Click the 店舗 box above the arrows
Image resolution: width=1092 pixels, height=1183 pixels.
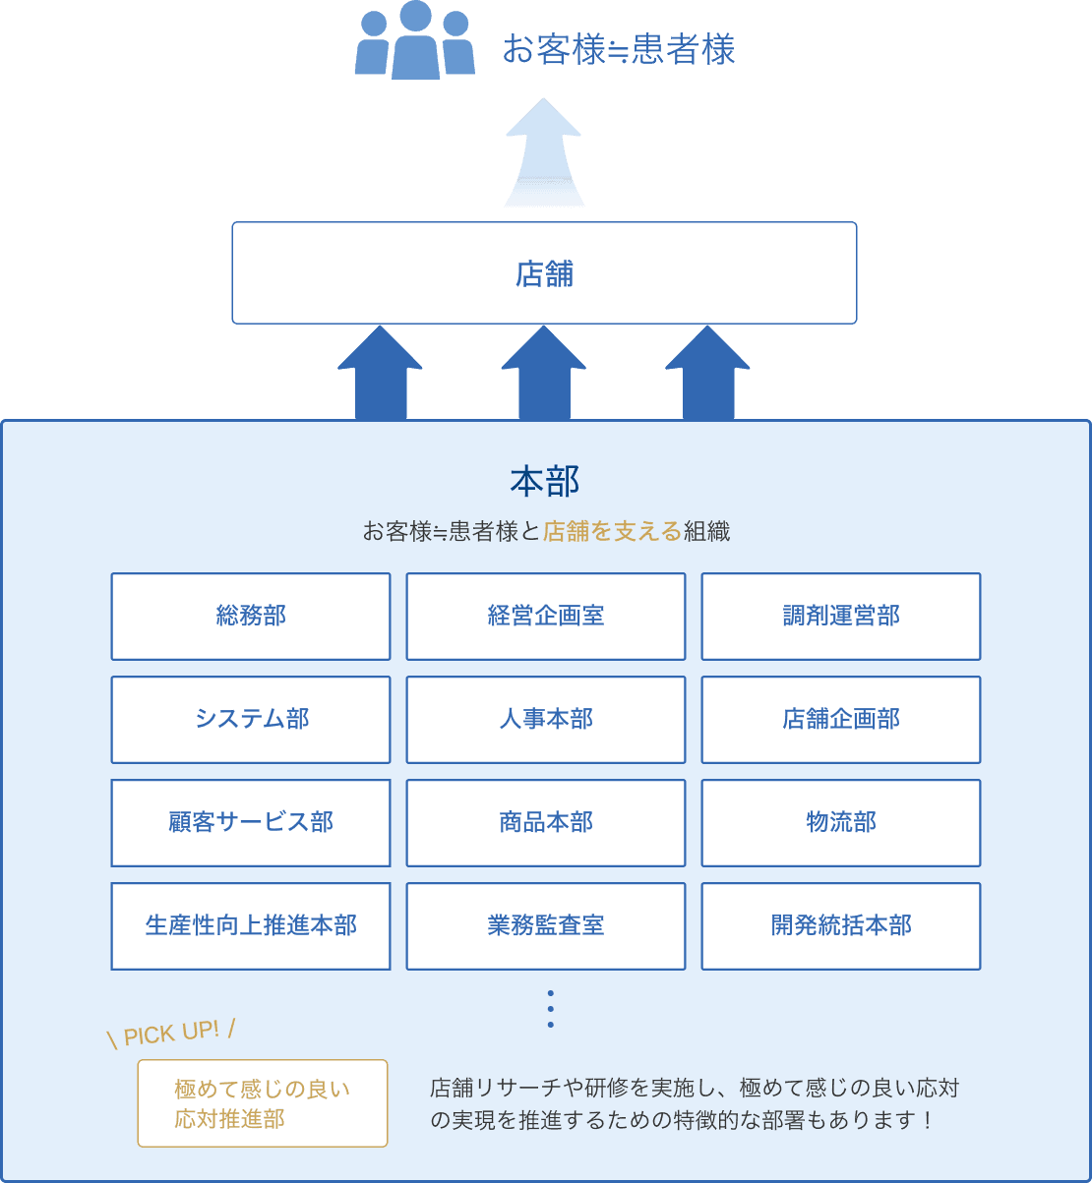(x=544, y=273)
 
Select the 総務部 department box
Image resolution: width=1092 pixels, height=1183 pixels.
(x=251, y=617)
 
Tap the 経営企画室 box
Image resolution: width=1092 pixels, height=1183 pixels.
(x=546, y=617)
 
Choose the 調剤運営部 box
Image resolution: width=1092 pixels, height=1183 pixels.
(x=841, y=617)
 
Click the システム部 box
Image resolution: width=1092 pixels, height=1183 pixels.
(x=251, y=720)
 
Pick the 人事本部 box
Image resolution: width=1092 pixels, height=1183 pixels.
(x=546, y=720)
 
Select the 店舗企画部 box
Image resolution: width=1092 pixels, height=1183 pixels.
(x=841, y=720)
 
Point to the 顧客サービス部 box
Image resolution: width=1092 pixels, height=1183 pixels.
(x=251, y=823)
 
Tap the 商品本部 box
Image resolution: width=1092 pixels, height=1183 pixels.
(x=546, y=823)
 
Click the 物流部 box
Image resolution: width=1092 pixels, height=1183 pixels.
(x=841, y=823)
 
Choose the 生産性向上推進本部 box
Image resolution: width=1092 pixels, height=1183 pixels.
(x=251, y=926)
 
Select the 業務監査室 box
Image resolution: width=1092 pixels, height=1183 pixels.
(x=546, y=926)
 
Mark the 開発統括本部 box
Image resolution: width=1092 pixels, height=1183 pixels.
(x=841, y=926)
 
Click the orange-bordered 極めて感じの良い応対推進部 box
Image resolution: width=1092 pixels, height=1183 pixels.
(x=263, y=1103)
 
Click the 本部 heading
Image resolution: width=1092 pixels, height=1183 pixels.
(x=545, y=481)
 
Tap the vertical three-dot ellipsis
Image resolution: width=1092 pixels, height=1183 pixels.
(x=550, y=1009)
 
